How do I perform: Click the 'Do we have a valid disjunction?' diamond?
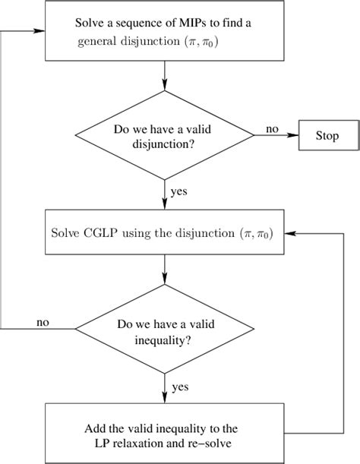coord(166,135)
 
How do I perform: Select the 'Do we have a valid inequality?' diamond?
coord(166,330)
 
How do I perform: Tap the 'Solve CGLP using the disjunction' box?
coord(166,230)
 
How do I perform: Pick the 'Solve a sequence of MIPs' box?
coord(166,32)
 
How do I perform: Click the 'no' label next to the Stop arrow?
coord(271,129)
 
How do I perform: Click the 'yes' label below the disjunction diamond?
coord(181,192)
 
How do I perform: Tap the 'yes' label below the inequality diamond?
coord(181,387)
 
